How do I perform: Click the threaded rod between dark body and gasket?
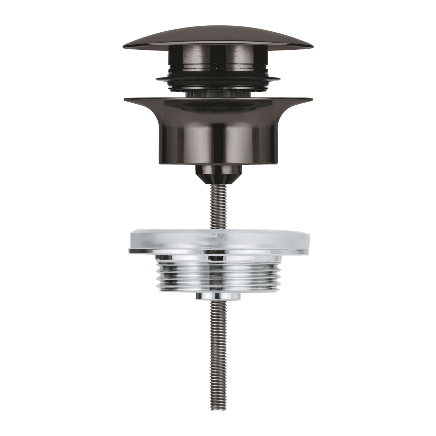218,206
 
